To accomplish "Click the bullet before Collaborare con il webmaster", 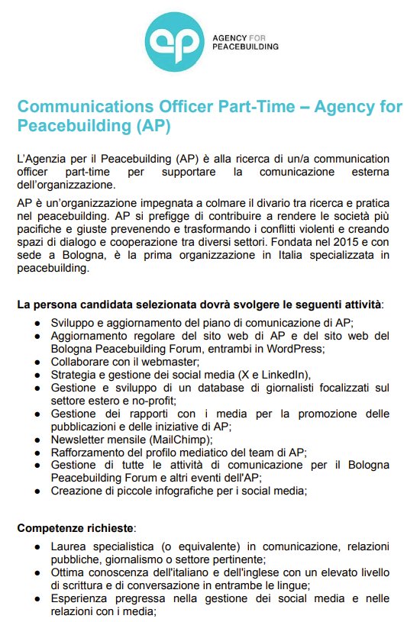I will click(37, 362).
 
